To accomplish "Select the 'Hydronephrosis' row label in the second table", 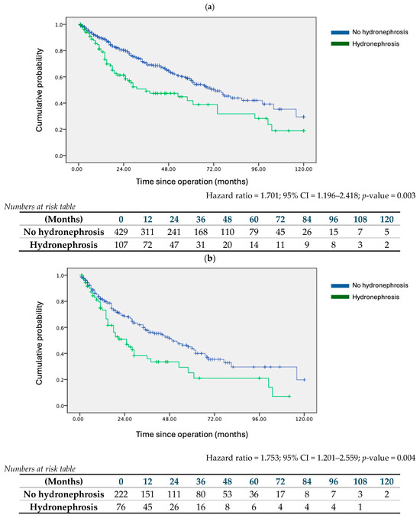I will [x=64, y=508].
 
